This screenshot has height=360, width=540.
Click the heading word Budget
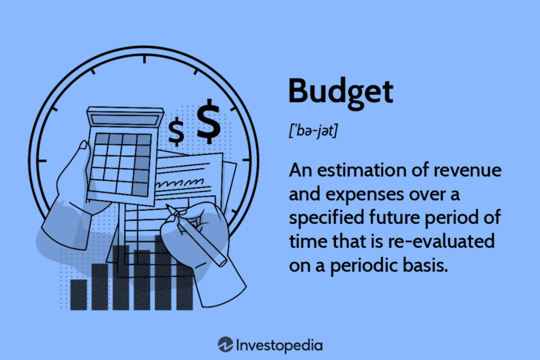[x=341, y=92]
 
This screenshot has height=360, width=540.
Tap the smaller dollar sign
[x=176, y=132]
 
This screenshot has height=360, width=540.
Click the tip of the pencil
[x=167, y=206]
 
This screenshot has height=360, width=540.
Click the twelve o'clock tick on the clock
[x=143, y=60]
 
